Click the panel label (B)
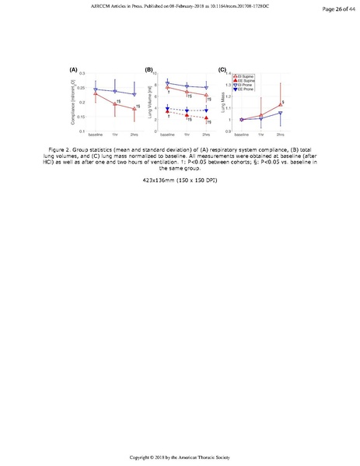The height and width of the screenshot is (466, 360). point(149,70)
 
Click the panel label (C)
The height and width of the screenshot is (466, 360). point(222,70)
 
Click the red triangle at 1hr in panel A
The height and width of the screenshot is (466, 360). point(115,103)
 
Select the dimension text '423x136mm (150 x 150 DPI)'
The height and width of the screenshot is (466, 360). point(180,180)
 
